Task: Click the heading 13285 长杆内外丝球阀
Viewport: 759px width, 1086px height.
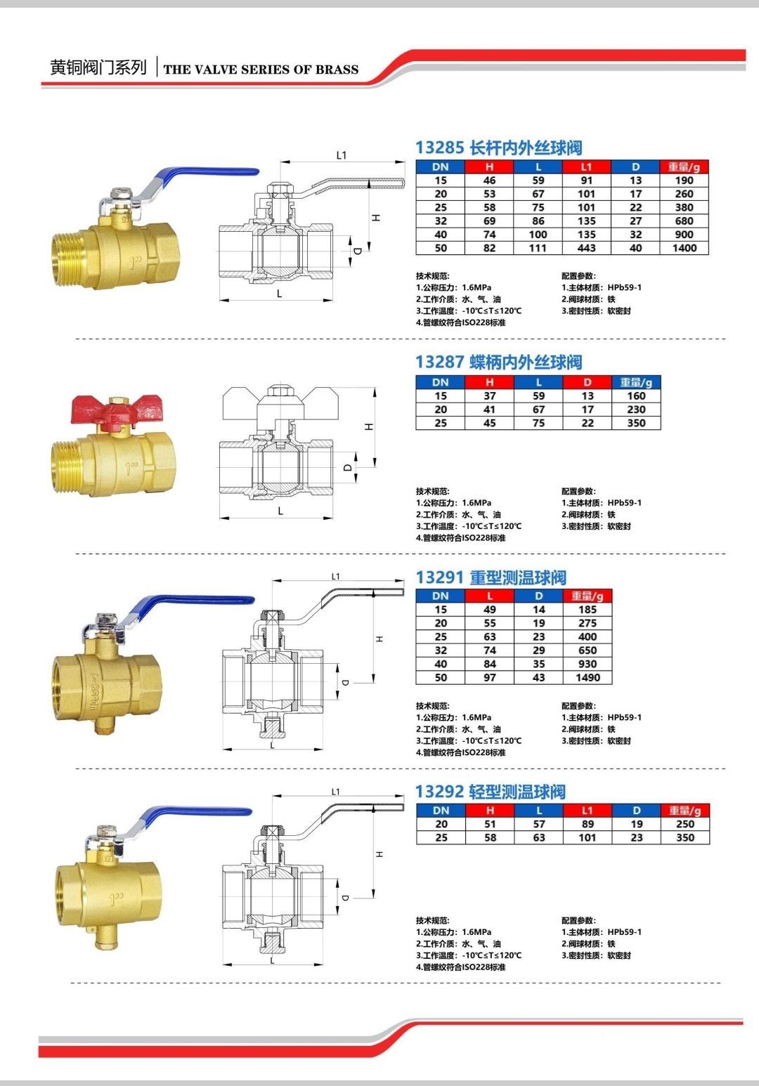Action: (x=498, y=148)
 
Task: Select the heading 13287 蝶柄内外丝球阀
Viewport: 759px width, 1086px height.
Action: (x=498, y=362)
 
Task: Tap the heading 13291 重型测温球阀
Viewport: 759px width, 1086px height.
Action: (x=491, y=577)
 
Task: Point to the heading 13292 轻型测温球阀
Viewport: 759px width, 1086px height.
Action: (x=491, y=792)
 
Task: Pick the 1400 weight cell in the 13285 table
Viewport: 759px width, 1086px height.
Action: (x=685, y=248)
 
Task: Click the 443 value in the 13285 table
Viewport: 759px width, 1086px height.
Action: (x=586, y=248)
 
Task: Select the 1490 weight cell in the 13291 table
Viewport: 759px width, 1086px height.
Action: (x=588, y=678)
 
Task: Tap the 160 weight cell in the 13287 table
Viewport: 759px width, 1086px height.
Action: (x=636, y=396)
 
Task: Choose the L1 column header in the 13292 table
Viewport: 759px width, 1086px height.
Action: (x=588, y=810)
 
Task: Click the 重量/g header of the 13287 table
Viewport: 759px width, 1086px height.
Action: (x=636, y=383)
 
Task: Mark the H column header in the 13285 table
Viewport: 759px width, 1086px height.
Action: (x=489, y=167)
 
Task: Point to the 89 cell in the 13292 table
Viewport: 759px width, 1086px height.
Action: (x=588, y=824)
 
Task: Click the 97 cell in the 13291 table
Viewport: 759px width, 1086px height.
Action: (x=489, y=678)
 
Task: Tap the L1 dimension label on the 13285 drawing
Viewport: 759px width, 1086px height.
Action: (x=342, y=155)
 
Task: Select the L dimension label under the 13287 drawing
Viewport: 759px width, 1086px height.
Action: (x=280, y=511)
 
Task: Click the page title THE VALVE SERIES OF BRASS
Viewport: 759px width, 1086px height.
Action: (x=261, y=70)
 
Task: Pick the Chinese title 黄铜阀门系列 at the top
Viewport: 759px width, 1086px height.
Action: (x=98, y=67)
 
